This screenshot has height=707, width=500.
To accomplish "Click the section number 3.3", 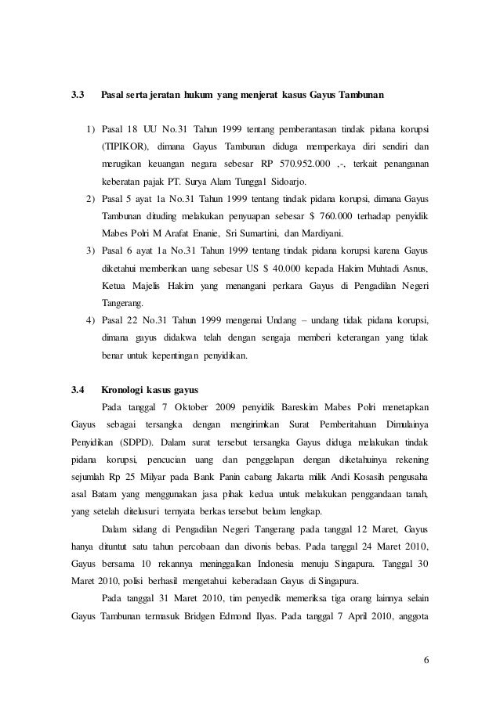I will point(78,96).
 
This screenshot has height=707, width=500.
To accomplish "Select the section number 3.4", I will point(78,389).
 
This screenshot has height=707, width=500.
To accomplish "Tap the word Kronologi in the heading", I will point(127,389).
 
